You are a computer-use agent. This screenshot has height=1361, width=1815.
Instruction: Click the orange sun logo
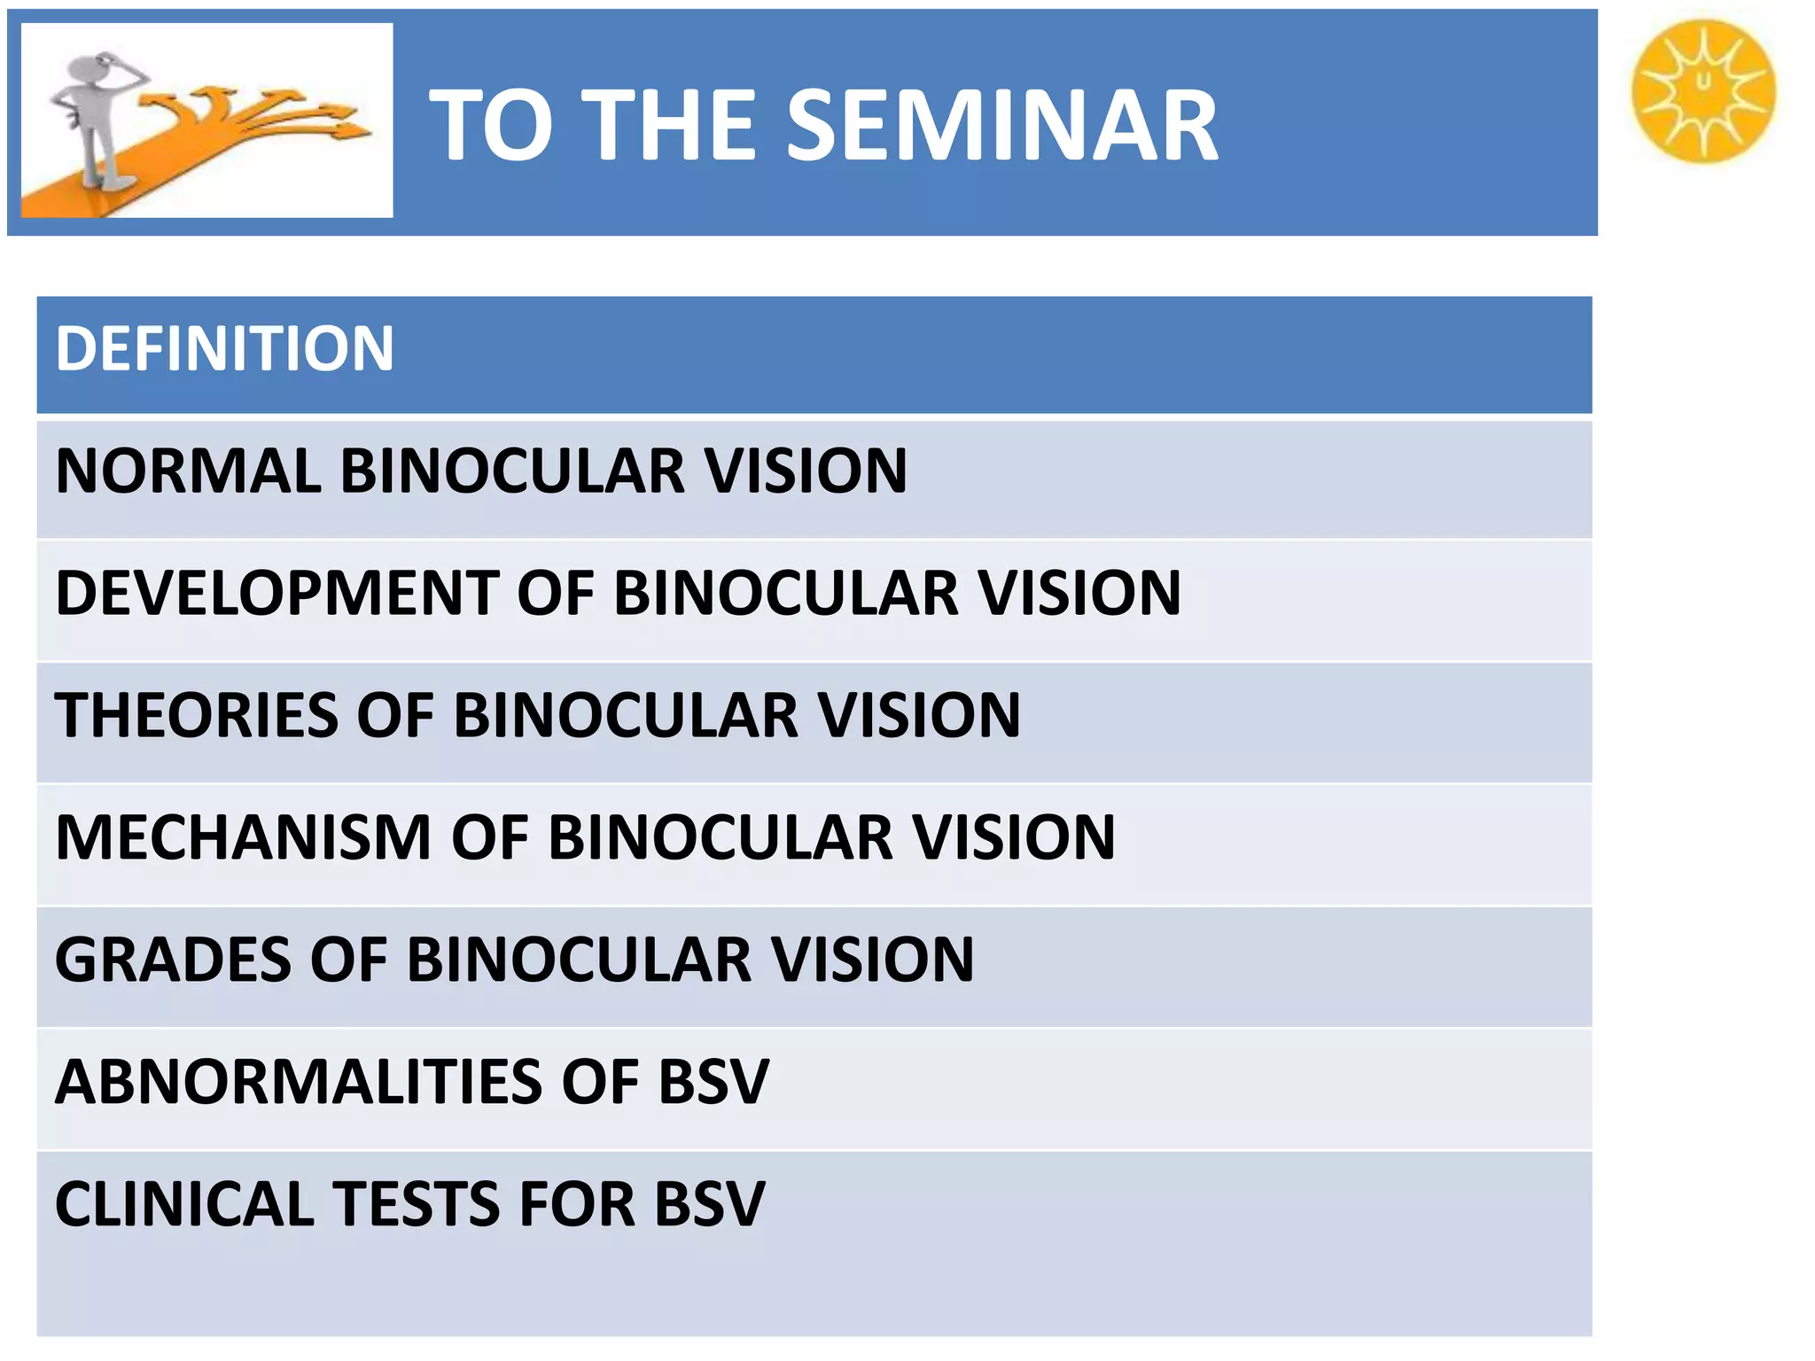pos(1703,91)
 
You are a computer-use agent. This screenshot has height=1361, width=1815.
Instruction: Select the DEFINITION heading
pos(224,348)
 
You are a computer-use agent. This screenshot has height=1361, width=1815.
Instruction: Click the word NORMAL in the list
pos(188,471)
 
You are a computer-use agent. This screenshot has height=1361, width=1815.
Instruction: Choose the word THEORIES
pos(196,715)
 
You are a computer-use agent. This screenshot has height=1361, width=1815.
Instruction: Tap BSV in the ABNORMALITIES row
pos(713,1082)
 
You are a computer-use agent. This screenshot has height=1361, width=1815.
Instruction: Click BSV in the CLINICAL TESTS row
pos(709,1204)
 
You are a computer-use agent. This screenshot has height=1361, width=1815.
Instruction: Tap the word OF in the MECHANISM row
pos(489,837)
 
